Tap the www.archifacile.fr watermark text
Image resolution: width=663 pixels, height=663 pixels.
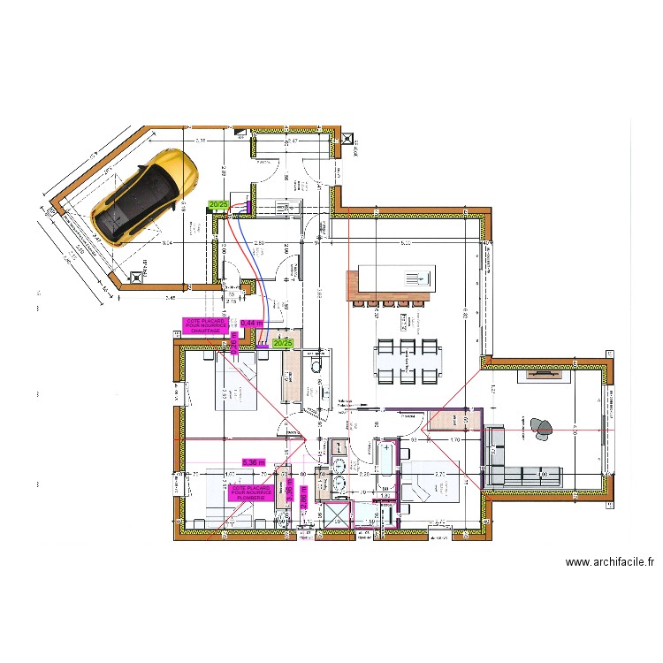click(x=609, y=561)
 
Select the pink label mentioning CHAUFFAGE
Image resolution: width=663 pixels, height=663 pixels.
click(x=206, y=325)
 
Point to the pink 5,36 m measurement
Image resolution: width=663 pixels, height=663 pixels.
click(x=254, y=461)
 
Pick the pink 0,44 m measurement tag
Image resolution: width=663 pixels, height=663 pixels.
click(x=253, y=324)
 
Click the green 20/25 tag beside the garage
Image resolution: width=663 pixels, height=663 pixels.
click(x=217, y=204)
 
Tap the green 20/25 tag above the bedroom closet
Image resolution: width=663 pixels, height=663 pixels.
click(x=283, y=343)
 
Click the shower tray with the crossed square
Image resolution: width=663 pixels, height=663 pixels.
click(x=336, y=514)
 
